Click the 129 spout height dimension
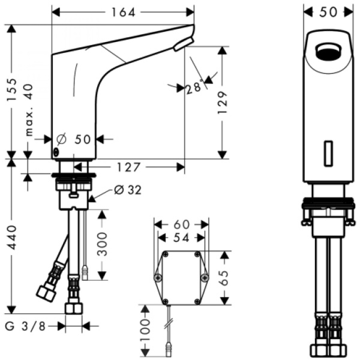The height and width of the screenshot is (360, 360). tap(223, 103)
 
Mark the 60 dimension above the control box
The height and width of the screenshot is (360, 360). tap(181, 224)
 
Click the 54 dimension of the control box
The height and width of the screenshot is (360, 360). tap(181, 238)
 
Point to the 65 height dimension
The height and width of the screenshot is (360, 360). tap(223, 277)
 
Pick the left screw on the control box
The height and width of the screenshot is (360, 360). tap(158, 277)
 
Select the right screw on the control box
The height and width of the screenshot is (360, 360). tap(204, 277)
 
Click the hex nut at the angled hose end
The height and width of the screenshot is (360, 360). tap(46, 292)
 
